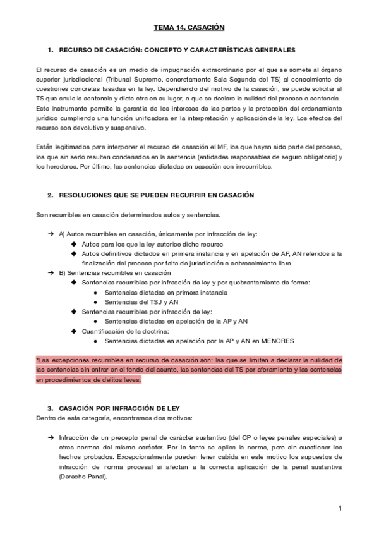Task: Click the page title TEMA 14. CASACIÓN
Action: click(189, 28)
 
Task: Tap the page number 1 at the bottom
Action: click(340, 508)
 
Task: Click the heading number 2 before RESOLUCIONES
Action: click(50, 195)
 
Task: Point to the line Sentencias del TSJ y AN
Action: click(133, 302)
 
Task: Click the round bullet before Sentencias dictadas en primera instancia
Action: click(95, 293)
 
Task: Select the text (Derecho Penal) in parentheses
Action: click(83, 477)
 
